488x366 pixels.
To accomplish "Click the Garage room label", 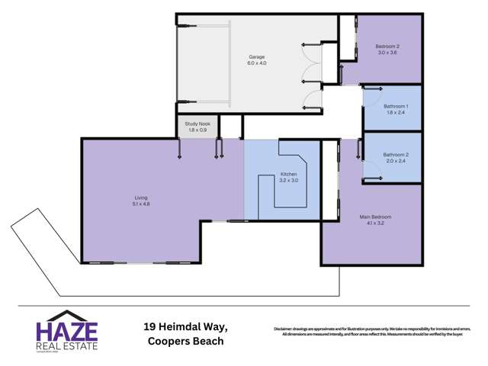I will pos(256,57).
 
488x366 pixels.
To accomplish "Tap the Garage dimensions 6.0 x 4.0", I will pos(256,63).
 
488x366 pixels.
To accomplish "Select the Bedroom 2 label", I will pos(387,47).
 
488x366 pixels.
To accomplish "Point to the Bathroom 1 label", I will pos(396,106).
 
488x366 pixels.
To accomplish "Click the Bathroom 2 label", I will pos(396,155).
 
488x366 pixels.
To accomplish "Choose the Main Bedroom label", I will pos(375,217).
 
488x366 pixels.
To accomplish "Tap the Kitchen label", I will pos(287,174).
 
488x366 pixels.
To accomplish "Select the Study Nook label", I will pos(197,124).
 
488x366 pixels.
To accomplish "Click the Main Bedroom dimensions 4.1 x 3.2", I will pos(375,223).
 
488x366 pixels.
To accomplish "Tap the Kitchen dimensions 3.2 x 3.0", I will pos(287,180).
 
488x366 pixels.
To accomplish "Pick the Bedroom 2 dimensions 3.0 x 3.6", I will pos(387,53).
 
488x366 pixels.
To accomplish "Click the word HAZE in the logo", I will pos(66,332).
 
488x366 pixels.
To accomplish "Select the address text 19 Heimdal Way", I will pos(185,326).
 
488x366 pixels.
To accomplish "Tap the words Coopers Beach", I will pos(185,341).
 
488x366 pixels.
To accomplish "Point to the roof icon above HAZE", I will pos(66,316).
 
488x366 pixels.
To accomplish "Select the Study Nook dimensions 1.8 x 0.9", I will pos(197,130).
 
